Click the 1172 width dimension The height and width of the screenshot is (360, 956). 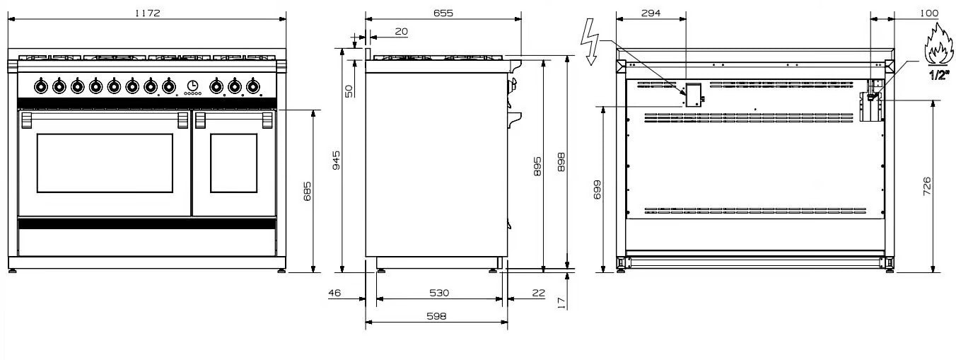(x=147, y=13)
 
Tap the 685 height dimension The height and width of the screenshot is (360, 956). (x=308, y=192)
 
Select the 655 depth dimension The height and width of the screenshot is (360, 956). (x=443, y=13)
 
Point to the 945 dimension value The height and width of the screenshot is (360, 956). (x=337, y=160)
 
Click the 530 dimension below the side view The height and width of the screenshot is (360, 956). (x=439, y=293)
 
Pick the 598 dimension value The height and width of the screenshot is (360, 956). (x=436, y=316)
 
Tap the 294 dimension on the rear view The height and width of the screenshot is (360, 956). (x=651, y=13)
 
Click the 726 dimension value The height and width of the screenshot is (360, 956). (x=927, y=187)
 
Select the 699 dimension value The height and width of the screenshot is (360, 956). (x=597, y=190)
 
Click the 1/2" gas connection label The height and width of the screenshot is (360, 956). (x=939, y=75)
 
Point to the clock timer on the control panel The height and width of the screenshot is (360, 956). (x=192, y=86)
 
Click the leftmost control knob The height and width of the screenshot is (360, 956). (x=40, y=87)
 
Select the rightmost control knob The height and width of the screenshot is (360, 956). (x=252, y=87)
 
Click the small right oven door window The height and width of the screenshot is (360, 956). (x=234, y=163)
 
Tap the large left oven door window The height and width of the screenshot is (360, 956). (x=105, y=163)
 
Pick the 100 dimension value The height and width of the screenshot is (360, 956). (x=928, y=13)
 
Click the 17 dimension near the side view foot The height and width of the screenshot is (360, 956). (x=561, y=303)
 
